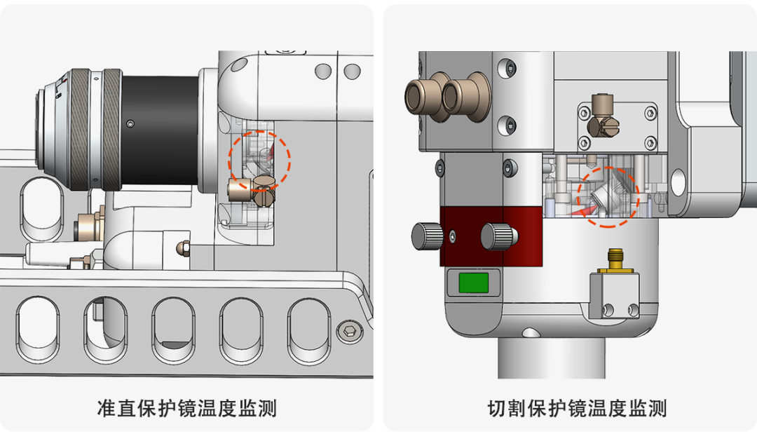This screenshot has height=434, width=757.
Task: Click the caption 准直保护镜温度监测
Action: [x=186, y=407]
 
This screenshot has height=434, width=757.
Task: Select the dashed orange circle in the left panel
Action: [x=259, y=160]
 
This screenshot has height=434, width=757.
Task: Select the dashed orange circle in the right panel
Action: [x=608, y=196]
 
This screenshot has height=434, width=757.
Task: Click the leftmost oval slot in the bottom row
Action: [x=39, y=330]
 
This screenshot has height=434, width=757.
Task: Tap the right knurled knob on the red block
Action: [x=497, y=236]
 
